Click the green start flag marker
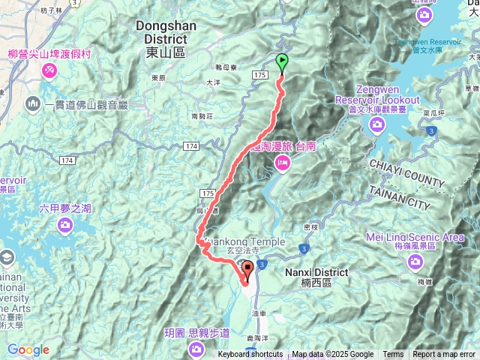coord(283,62)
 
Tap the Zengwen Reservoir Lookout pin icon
coord(376,122)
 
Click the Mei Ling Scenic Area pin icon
coord(415,262)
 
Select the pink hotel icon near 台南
coord(283,162)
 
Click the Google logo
coord(28,350)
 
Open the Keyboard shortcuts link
coord(250,355)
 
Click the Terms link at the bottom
coord(393,355)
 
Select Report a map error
coord(445,355)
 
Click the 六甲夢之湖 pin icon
coord(64,225)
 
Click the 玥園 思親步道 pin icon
coord(196,349)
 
